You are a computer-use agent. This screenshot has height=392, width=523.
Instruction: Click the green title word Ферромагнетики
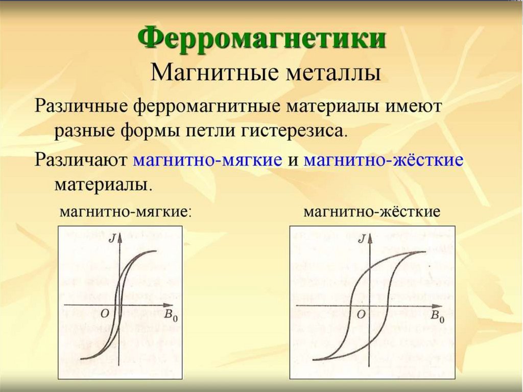click(x=261, y=39)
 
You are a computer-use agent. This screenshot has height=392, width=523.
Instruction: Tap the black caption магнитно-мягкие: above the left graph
click(x=126, y=211)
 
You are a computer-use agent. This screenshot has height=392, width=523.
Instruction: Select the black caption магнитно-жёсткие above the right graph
click(x=372, y=211)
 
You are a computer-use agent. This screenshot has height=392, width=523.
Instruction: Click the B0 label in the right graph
click(x=437, y=316)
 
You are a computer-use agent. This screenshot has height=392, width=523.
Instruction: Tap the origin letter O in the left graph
click(x=105, y=314)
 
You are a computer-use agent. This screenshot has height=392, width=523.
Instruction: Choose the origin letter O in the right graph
click(x=361, y=315)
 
